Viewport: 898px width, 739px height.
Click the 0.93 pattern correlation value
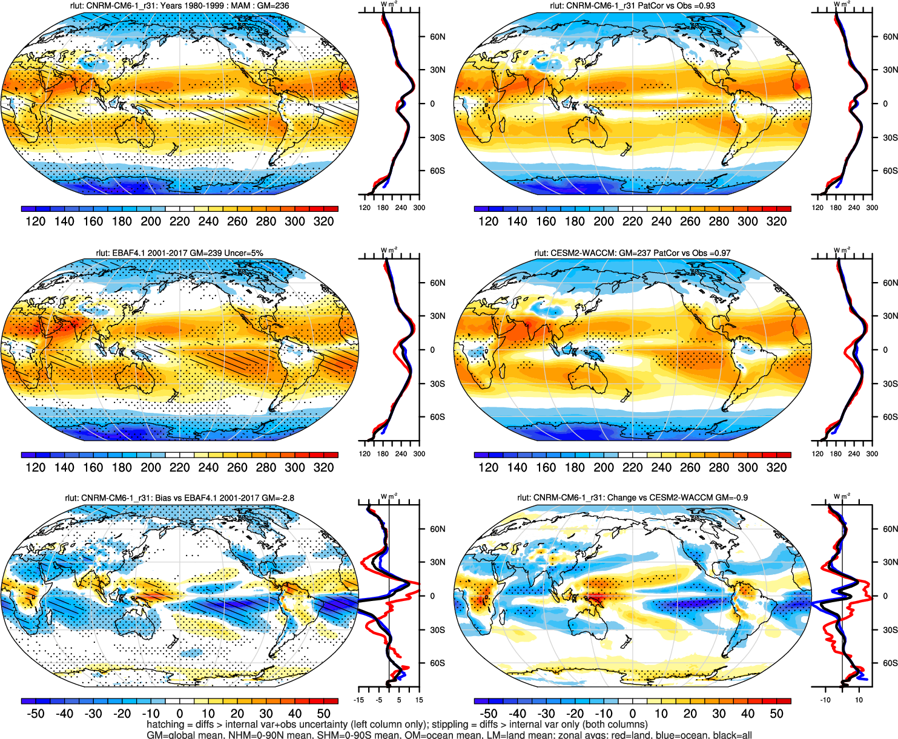click(x=706, y=5)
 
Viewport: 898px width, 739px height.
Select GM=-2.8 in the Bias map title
click(x=278, y=498)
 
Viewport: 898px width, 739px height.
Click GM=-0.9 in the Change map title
click(x=731, y=498)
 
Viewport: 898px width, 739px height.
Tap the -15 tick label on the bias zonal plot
click(x=360, y=700)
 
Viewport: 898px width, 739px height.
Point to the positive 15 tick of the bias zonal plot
click(x=418, y=700)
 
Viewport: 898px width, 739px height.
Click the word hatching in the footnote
click(x=165, y=724)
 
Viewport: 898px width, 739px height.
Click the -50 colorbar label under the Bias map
click(x=35, y=714)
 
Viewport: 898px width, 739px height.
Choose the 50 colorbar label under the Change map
click(x=776, y=714)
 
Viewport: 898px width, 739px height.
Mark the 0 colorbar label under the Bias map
click(x=179, y=714)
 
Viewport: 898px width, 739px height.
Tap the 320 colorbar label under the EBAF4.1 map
click(x=323, y=467)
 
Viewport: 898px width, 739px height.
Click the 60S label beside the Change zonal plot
click(x=890, y=663)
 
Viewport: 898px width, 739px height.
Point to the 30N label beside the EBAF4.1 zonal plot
click(x=437, y=316)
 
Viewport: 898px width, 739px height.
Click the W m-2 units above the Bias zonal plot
click(x=389, y=496)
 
